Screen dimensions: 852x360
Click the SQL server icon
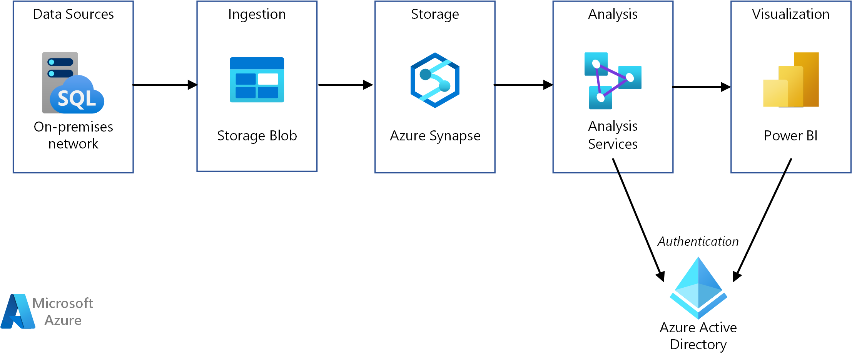tap(73, 83)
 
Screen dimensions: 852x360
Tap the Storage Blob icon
tap(257, 80)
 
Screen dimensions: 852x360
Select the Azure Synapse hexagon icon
tap(435, 80)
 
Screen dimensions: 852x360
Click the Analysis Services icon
tap(613, 81)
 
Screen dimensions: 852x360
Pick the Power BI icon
tap(791, 80)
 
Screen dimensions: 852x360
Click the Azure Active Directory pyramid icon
tap(698, 288)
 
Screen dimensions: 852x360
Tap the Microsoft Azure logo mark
tap(18, 311)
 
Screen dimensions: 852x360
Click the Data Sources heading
tap(74, 14)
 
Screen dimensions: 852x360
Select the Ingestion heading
tap(257, 14)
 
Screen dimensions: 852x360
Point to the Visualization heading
tap(791, 14)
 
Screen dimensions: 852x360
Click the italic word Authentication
tap(698, 241)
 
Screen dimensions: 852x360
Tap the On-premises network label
tap(74, 135)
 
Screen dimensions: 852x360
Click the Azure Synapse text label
tap(435, 136)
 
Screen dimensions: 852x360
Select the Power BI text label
tap(791, 136)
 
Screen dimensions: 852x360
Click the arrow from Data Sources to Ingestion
tap(165, 85)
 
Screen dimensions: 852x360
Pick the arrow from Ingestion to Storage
tap(346, 85)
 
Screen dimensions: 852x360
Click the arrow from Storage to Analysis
tap(523, 85)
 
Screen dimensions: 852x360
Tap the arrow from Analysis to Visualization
tap(702, 87)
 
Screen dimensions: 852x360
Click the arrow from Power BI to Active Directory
tap(762, 220)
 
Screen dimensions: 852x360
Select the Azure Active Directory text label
tap(698, 336)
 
